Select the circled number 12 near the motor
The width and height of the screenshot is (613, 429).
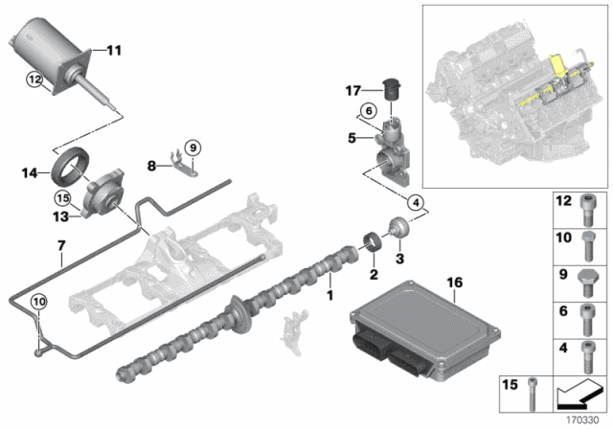pos(34,81)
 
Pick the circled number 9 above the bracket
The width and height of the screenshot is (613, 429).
pos(192,147)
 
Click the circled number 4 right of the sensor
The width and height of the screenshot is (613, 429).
pos(416,202)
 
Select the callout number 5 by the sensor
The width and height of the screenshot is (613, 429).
pos(354,139)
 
